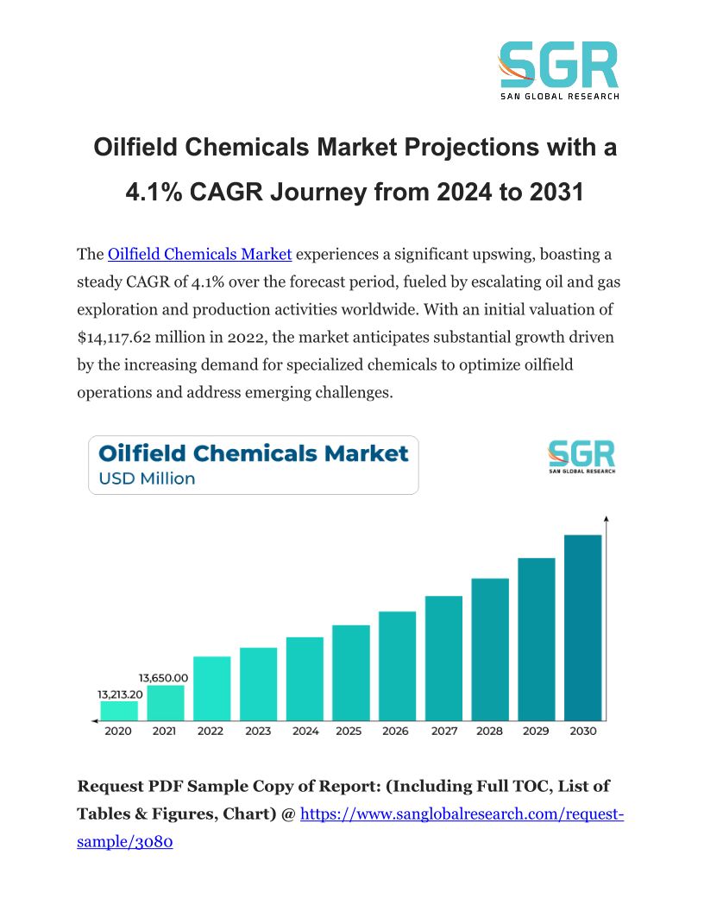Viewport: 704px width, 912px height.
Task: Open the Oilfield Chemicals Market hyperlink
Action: [x=199, y=254]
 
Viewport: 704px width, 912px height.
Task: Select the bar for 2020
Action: [x=118, y=710]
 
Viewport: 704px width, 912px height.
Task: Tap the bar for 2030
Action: [x=582, y=627]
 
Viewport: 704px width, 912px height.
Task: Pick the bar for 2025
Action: [x=350, y=672]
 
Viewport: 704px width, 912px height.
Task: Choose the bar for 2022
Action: [x=211, y=687]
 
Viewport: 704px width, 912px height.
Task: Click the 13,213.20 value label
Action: [x=119, y=693]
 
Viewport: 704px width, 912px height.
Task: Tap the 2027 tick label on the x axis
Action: [x=443, y=731]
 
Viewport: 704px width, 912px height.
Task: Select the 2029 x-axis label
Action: [x=536, y=731]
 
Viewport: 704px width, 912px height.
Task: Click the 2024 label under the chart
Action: [x=305, y=731]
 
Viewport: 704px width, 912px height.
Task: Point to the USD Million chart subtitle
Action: [x=147, y=478]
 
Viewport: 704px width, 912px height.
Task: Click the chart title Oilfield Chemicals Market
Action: [x=253, y=453]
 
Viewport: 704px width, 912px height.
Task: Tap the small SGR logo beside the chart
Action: [x=581, y=456]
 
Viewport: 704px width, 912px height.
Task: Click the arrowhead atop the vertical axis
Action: [x=607, y=520]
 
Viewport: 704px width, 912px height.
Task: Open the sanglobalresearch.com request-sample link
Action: [x=461, y=814]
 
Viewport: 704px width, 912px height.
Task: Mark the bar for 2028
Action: [x=489, y=649]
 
